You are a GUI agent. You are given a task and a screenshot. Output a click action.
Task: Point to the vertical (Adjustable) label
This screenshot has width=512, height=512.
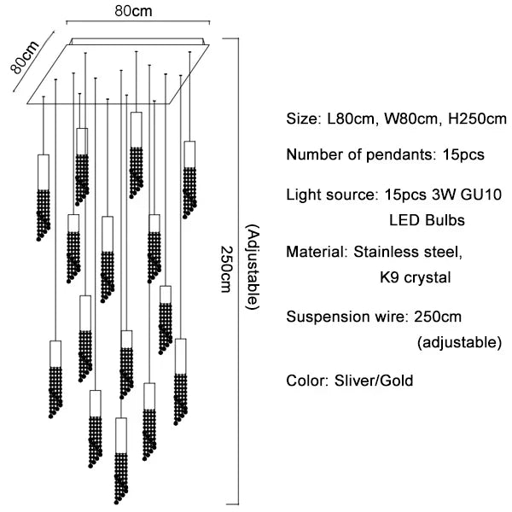(x=251, y=267)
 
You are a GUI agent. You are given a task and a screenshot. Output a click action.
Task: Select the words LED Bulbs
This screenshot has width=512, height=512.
(x=427, y=220)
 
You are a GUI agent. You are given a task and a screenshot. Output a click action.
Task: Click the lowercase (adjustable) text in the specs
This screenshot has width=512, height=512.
(x=458, y=343)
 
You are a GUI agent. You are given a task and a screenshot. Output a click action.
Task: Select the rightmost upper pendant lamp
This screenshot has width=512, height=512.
(x=189, y=179)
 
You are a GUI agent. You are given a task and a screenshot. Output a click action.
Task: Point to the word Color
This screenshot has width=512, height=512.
(x=304, y=381)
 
